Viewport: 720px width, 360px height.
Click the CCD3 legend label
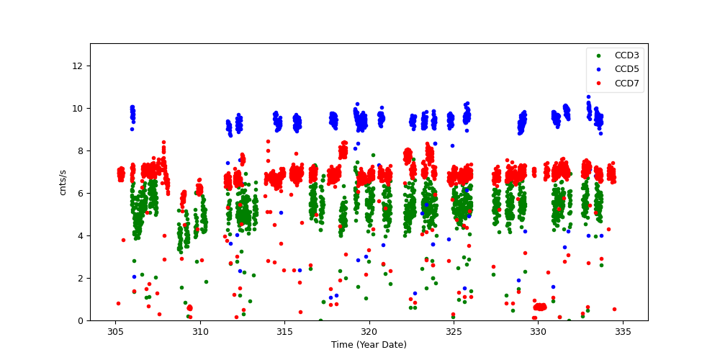point(626,55)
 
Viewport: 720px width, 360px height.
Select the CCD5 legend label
point(626,70)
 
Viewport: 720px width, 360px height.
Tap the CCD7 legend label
point(626,84)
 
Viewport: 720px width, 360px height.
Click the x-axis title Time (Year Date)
point(369,345)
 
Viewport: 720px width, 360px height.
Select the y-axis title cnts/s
point(63,181)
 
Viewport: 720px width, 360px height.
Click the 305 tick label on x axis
point(115,332)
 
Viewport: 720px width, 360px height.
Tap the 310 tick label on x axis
point(200,332)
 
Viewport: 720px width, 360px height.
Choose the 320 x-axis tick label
point(369,332)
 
